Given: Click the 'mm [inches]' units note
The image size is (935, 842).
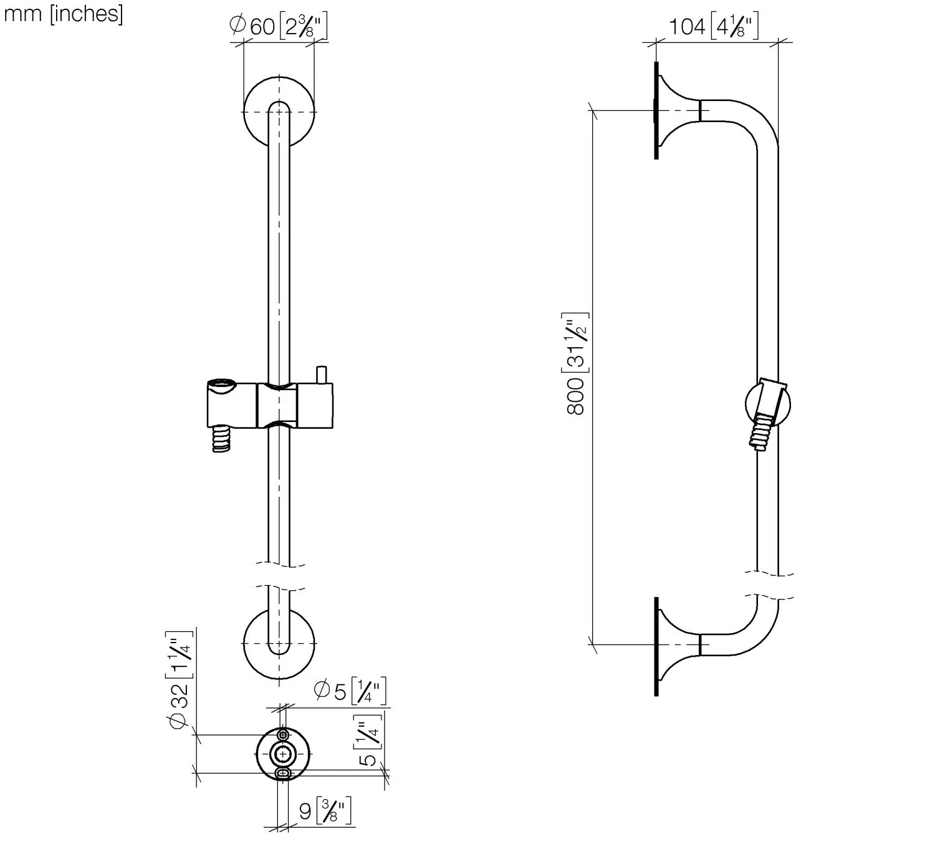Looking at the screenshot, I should click(x=64, y=14).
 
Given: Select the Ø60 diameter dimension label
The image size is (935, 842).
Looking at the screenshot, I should click(x=279, y=27).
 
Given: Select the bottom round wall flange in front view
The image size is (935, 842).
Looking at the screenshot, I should click(x=279, y=643).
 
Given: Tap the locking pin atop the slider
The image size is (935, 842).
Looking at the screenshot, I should click(x=322, y=375).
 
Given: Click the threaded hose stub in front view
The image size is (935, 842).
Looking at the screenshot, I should click(x=221, y=438).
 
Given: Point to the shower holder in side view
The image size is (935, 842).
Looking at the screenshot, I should click(x=768, y=406).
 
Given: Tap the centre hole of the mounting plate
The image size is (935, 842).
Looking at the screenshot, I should click(x=284, y=753).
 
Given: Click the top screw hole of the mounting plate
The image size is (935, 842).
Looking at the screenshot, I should click(x=284, y=735).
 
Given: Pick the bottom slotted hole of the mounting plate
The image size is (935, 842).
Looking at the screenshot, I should click(x=284, y=773).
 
